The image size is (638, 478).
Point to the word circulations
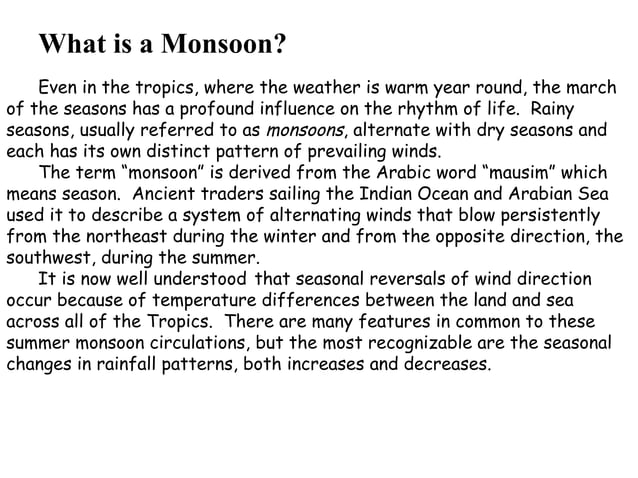[188, 343]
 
